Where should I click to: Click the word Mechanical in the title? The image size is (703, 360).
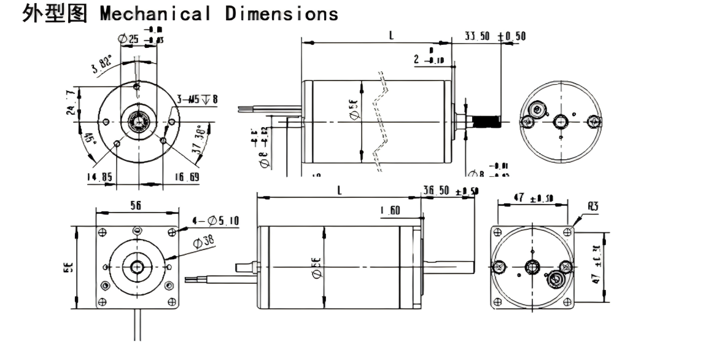coord(156,14)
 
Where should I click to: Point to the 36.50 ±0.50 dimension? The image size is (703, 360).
coord(450,191)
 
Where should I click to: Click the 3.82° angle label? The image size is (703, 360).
coord(102,64)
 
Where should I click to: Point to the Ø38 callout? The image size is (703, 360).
coord(205,242)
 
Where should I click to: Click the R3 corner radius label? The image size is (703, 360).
coord(592,207)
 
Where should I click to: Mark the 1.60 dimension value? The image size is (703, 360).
coord(390,211)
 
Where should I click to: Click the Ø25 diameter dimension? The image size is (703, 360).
coord(128,39)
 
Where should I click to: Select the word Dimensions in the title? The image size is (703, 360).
coord(281,14)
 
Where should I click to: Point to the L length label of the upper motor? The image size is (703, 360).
coord(391,36)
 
